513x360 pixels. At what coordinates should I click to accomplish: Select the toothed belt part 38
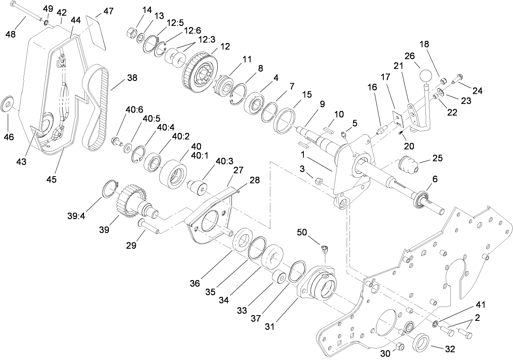tap(95, 110)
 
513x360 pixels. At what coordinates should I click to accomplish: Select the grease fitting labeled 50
tap(325, 249)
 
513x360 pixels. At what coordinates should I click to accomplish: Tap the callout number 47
tap(108, 11)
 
